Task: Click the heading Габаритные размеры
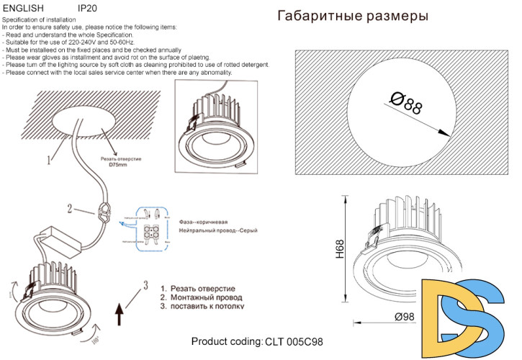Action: (352, 16)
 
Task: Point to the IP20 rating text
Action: (87, 7)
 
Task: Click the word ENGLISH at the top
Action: (24, 7)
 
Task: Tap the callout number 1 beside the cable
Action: (50, 157)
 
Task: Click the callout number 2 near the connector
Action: (70, 210)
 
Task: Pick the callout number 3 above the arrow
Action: (145, 284)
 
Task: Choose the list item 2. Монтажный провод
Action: (201, 297)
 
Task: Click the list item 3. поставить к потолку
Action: (202, 305)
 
